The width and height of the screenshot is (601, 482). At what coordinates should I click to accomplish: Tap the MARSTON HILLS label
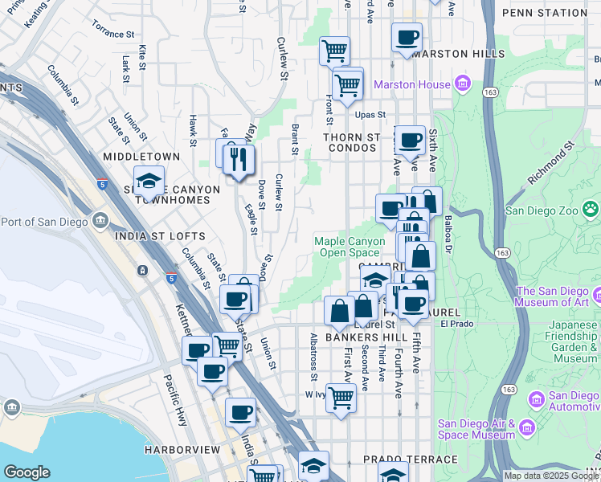point(458,54)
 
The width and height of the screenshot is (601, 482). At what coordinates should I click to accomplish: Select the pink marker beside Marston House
point(462,84)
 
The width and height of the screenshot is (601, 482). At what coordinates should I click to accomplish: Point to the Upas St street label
point(371,115)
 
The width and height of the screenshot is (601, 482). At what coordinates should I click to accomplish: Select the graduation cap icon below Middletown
point(149,182)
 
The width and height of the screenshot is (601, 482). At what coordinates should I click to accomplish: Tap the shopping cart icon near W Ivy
point(341,397)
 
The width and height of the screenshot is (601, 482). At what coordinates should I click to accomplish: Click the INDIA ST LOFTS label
point(160,236)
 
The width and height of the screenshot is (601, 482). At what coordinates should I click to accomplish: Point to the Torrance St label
point(113,33)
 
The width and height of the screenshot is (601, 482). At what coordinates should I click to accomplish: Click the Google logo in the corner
point(27,472)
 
